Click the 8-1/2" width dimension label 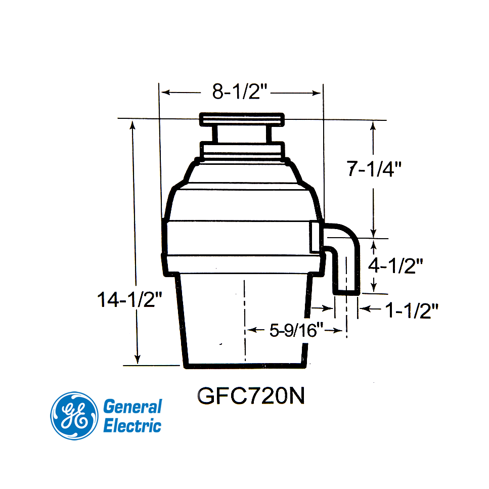pos(240,92)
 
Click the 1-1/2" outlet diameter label pos(411,310)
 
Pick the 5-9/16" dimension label pos(296,331)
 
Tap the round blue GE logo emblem pos(74,416)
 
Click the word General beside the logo pos(132,407)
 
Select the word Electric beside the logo pos(132,426)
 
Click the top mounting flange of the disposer pos(242,119)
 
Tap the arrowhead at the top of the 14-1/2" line pos(133,124)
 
